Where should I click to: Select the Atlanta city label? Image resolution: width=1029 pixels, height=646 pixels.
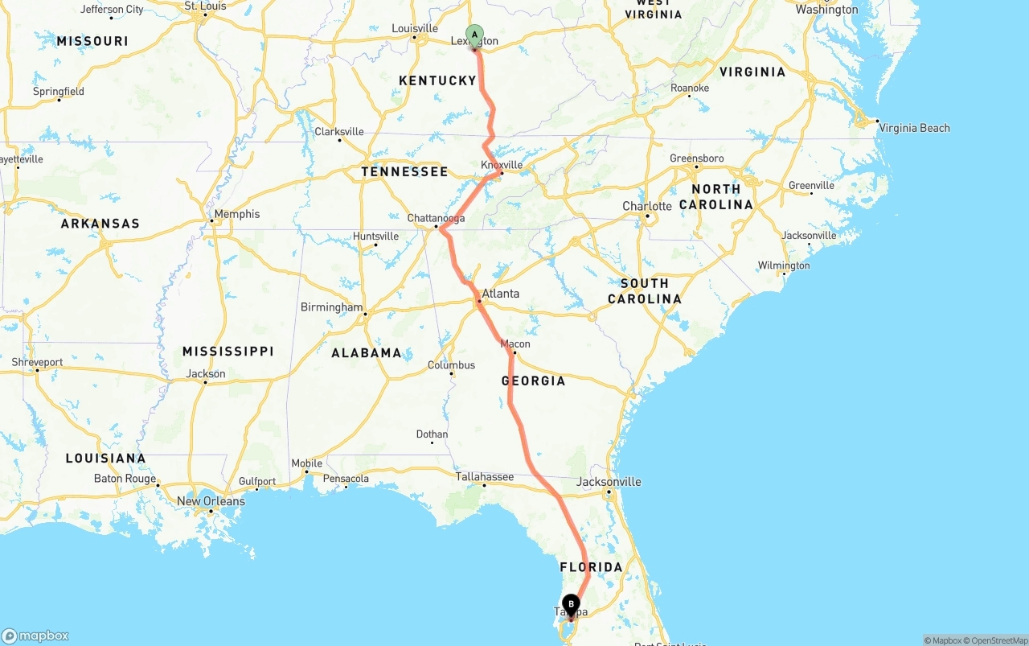point(500,294)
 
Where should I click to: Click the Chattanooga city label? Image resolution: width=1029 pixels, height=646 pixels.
point(436,218)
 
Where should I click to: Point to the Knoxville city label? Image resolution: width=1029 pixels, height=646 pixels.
point(502,165)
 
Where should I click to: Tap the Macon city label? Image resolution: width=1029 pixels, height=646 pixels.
point(515,344)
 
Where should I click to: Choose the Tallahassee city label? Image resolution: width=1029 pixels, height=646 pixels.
point(485,476)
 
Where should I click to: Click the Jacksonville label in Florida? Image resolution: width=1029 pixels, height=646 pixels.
point(609,482)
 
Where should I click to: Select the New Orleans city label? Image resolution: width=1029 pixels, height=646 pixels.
point(211,501)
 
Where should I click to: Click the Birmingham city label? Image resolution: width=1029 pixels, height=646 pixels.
point(331,307)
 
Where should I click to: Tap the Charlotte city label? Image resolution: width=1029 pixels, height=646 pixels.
point(647,206)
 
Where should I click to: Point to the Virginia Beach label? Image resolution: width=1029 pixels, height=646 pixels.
point(914,128)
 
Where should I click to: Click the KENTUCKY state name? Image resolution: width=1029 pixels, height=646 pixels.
point(437,80)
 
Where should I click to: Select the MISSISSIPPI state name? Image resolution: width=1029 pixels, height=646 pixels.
point(228,352)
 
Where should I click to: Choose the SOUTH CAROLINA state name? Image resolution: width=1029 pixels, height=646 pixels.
point(645,290)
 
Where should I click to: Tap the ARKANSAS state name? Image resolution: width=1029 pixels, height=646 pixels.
point(100,224)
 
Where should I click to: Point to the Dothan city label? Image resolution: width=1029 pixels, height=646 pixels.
point(432,434)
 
